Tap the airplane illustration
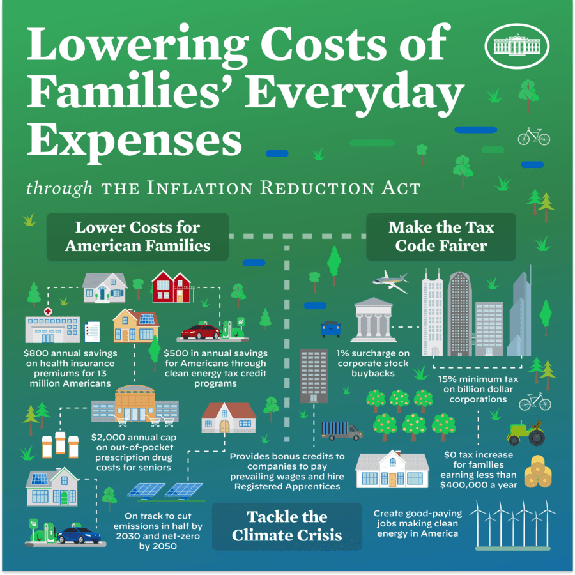coord(390,281)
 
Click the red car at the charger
coord(201,332)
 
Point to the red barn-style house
coord(171,287)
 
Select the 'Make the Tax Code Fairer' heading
coord(441,236)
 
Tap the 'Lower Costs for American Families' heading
coord(137,236)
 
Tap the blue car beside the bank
coord(330,328)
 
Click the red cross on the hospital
coord(47,310)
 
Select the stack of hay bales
coord(537,472)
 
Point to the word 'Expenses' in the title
coord(134,139)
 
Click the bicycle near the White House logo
coord(533,136)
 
